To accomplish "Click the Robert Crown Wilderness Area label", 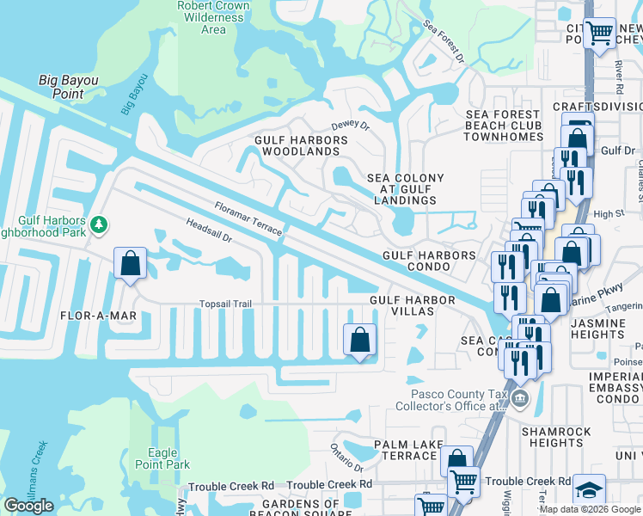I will coord(213,17).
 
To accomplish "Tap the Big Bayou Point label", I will coord(74,87).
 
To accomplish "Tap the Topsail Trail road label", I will coord(225,304).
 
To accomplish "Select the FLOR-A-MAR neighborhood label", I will coord(99,316).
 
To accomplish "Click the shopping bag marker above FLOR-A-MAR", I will coord(130,264).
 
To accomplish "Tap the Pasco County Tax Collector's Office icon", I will coord(519,399).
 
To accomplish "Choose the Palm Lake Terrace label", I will coord(409,449).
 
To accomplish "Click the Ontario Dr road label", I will coord(346,457).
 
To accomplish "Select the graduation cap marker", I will coord(589,489).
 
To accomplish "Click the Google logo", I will coord(28,506).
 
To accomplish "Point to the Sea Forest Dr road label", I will coord(444,42).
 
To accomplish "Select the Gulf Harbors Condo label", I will coord(429,261).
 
